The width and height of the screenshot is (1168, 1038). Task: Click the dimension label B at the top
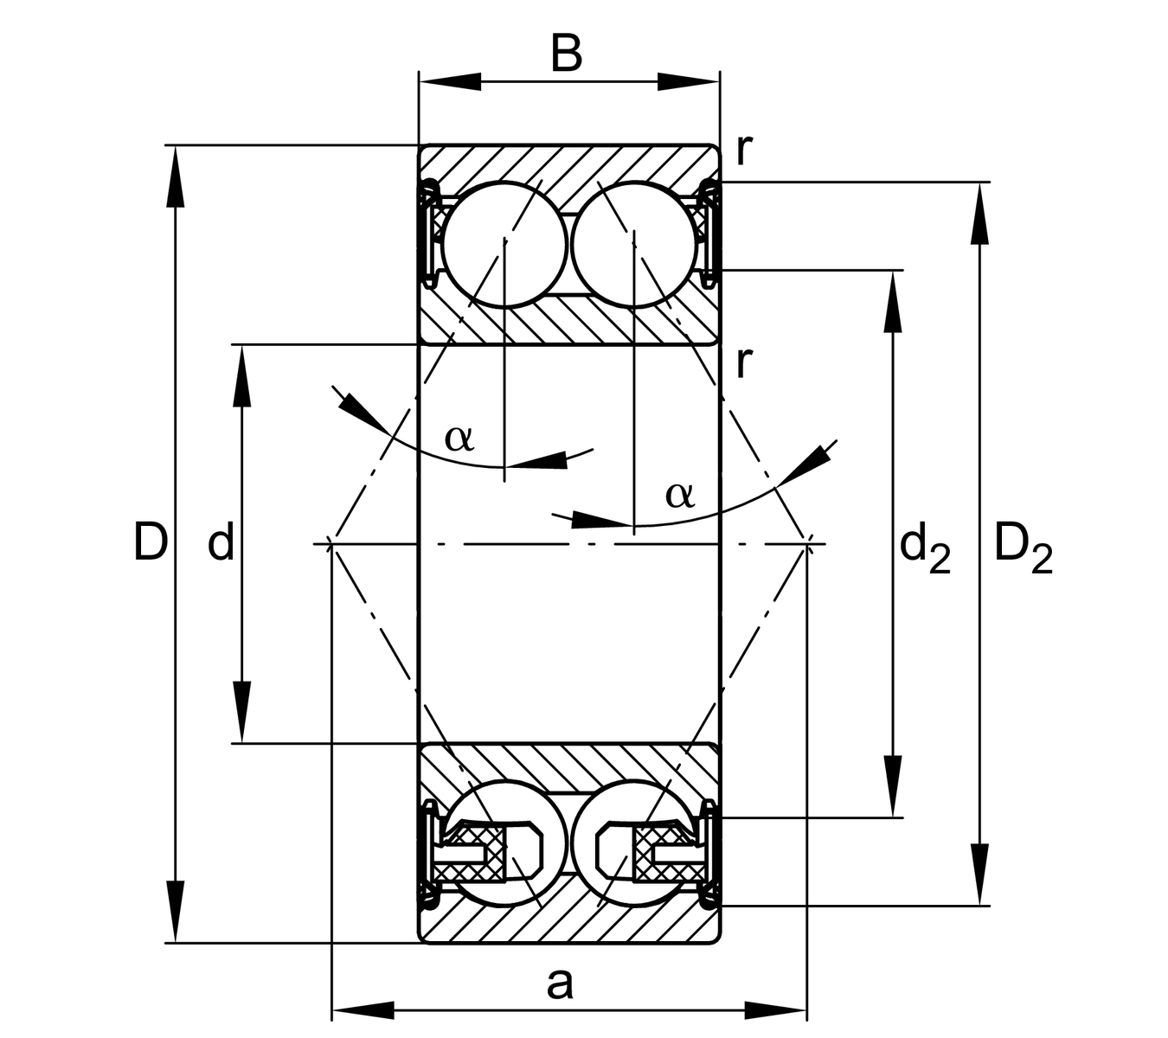567,54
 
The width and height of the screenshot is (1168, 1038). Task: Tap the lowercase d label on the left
221,543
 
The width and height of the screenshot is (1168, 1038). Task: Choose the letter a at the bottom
560,983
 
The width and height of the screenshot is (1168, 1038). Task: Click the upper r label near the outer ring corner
743,150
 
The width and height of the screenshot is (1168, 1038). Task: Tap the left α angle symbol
459,439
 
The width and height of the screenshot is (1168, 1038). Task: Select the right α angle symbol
680,495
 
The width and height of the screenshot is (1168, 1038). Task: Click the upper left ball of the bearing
504,244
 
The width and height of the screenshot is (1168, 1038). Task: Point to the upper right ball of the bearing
633,244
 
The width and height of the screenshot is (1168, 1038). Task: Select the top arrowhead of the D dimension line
176,176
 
